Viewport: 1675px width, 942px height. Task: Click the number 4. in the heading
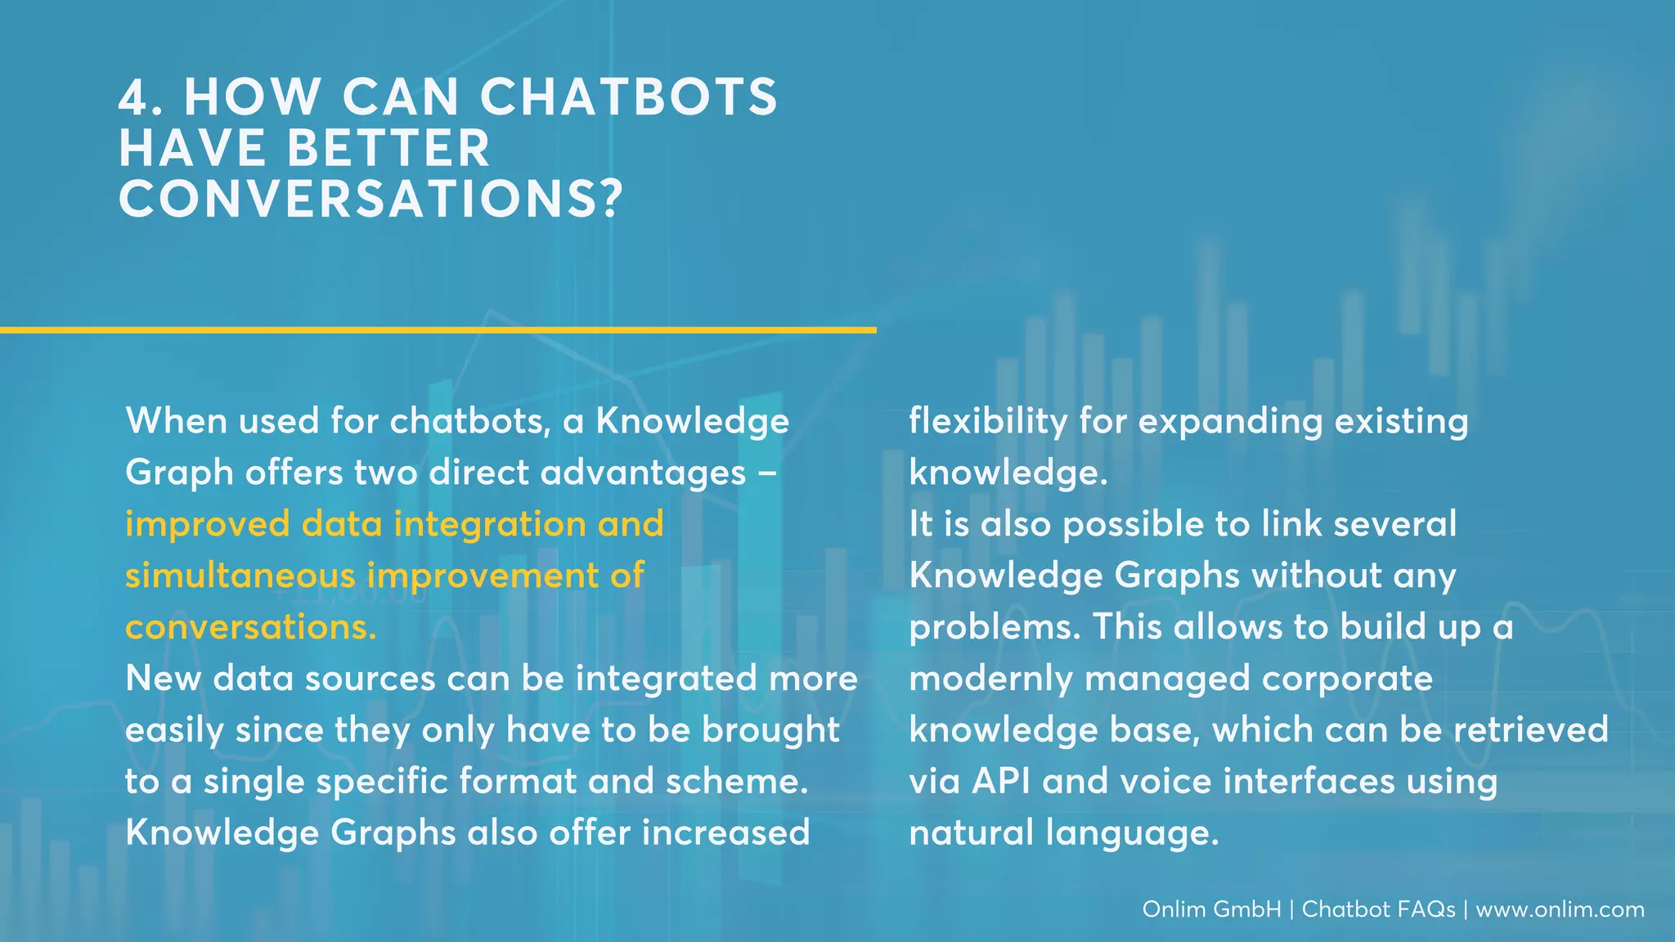pyautogui.click(x=142, y=97)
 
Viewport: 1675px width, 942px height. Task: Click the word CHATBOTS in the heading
pyautogui.click(x=628, y=97)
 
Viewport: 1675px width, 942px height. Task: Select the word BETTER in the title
pyautogui.click(x=388, y=149)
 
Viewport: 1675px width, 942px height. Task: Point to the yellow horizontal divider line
pyautogui.click(x=438, y=330)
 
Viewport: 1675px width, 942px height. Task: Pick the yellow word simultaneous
pyautogui.click(x=240, y=576)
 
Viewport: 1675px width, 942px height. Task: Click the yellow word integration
pyautogui.click(x=490, y=524)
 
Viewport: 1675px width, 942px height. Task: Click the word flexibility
pyautogui.click(x=987, y=421)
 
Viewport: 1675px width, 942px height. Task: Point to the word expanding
pyautogui.click(x=1229, y=421)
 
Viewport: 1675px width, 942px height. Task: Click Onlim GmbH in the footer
pyautogui.click(x=1211, y=909)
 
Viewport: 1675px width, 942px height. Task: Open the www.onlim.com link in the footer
pyautogui.click(x=1560, y=909)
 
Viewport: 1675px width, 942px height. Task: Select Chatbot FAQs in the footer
pyautogui.click(x=1378, y=909)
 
